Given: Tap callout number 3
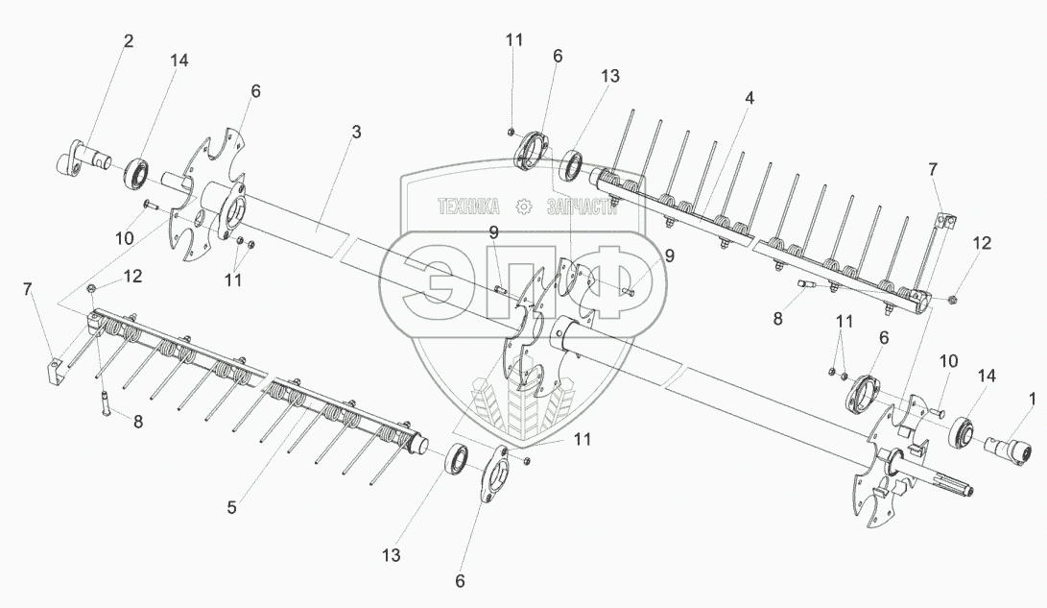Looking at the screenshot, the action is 355,133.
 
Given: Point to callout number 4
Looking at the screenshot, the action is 749,98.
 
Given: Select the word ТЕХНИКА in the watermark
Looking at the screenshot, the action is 468,206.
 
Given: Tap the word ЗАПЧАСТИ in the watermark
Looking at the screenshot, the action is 578,206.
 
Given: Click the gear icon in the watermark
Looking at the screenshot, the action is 523,206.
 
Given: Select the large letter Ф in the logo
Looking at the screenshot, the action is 614,284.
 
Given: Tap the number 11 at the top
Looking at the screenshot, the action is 514,39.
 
